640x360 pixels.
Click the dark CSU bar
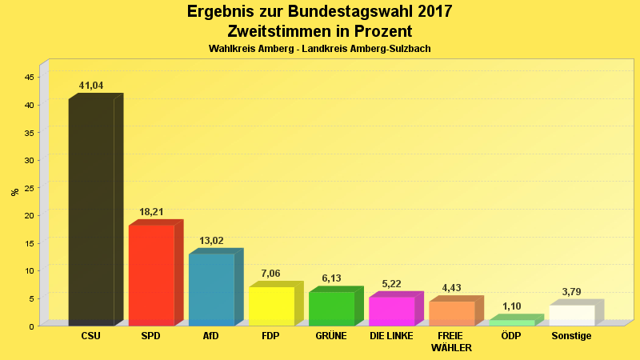[91, 212]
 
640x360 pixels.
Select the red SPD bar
[151, 275]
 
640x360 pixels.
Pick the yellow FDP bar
[271, 306]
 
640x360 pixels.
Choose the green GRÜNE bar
[331, 308]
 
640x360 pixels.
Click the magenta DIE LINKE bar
[391, 310]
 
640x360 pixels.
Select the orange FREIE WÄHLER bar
[451, 313]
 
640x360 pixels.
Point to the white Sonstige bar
[571, 314]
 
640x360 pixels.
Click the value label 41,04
[91, 86]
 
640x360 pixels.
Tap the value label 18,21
[151, 212]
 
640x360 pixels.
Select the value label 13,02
[211, 241]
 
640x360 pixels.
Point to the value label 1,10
[511, 306]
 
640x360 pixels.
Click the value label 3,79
[571, 292]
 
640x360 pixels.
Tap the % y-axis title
[14, 192]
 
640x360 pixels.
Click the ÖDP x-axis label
[510, 336]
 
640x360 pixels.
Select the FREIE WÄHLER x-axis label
[451, 342]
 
